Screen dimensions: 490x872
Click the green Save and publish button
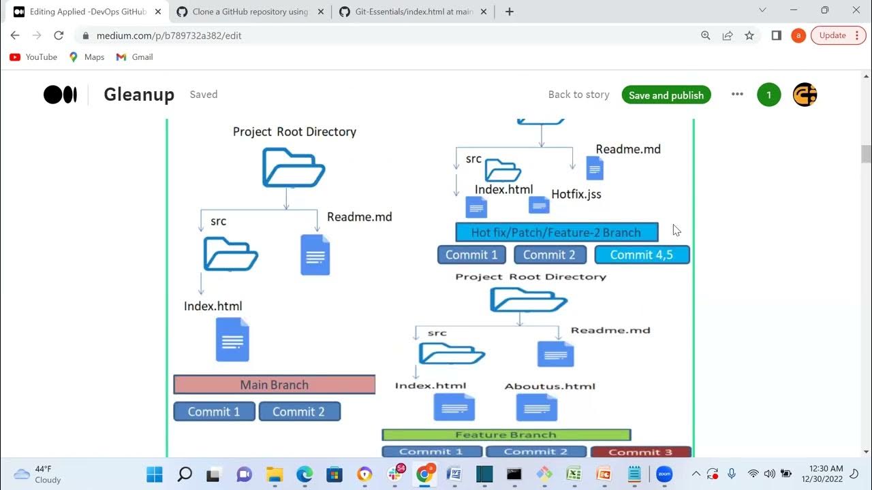tap(666, 95)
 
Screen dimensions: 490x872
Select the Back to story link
tap(578, 95)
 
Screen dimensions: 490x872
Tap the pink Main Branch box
tap(275, 385)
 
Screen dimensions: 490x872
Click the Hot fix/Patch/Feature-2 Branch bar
tap(556, 232)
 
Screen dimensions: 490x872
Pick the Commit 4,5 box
tap(642, 255)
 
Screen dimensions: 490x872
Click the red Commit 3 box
tap(640, 452)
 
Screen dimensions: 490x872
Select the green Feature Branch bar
tap(506, 435)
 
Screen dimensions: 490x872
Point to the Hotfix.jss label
tap(576, 194)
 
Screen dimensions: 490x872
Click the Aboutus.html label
tap(550, 386)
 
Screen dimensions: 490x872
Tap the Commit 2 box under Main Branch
tap(299, 411)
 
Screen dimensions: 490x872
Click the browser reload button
tap(59, 35)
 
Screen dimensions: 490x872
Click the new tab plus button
tap(509, 12)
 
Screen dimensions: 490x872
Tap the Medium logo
tap(60, 95)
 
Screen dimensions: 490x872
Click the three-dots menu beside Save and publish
tap(737, 95)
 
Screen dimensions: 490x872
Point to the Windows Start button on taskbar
tap(155, 474)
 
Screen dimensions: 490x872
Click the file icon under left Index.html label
tap(232, 340)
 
